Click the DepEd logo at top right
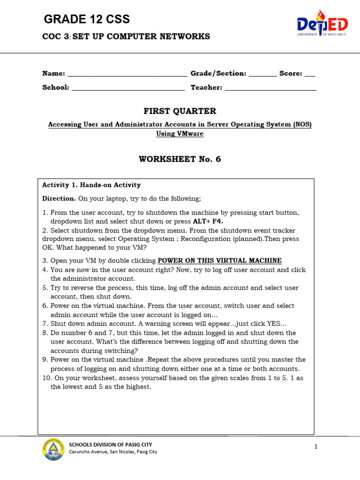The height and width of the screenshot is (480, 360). click(x=322, y=24)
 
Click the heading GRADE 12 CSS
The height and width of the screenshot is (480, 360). click(x=87, y=19)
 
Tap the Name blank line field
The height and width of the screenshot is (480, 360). click(x=127, y=74)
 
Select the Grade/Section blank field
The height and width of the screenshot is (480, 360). click(x=262, y=74)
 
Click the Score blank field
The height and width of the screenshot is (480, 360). click(x=310, y=74)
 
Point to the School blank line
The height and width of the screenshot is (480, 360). click(x=128, y=88)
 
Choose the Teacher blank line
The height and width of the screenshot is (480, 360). click(x=270, y=88)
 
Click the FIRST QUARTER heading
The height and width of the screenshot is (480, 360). click(x=180, y=111)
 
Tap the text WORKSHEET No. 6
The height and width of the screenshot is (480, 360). click(x=180, y=159)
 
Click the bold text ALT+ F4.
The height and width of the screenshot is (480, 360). click(x=208, y=221)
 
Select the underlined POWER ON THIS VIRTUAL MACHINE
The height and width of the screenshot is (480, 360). click(x=219, y=261)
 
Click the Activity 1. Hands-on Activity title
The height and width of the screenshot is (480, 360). click(x=91, y=185)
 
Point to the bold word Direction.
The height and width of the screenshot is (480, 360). click(x=59, y=198)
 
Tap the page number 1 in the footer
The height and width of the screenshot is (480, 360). click(x=316, y=447)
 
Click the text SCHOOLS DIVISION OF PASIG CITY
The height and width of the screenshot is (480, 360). click(x=111, y=444)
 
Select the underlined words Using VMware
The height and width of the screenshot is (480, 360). click(x=180, y=134)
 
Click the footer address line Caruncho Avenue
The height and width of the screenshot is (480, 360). click(x=113, y=452)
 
